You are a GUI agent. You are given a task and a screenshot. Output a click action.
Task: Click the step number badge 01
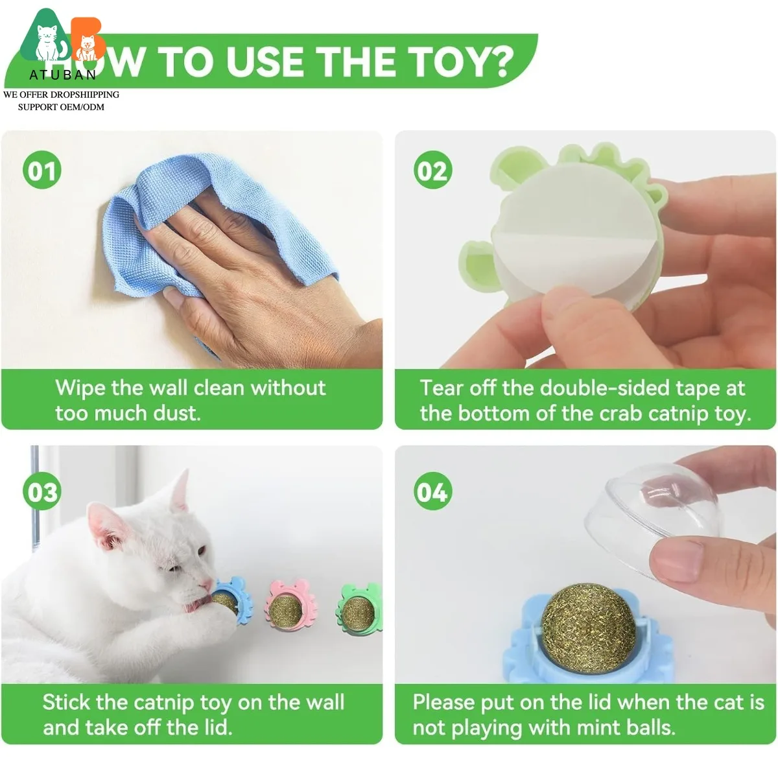pyautogui.click(x=42, y=171)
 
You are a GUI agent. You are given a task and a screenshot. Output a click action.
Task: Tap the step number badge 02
pyautogui.click(x=432, y=171)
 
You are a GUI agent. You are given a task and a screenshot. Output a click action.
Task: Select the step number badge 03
pyautogui.click(x=42, y=492)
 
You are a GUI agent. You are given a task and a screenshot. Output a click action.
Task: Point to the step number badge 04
pyautogui.click(x=432, y=492)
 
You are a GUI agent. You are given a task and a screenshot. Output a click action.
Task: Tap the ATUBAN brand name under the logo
pyautogui.click(x=62, y=75)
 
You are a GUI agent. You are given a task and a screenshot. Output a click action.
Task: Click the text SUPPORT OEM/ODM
pyautogui.click(x=61, y=107)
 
